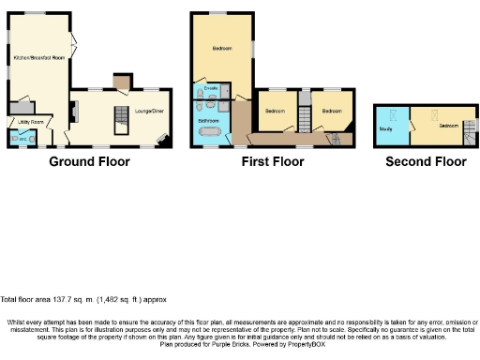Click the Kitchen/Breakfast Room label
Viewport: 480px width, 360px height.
tap(39, 58)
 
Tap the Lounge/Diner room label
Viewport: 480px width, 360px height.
tap(150, 111)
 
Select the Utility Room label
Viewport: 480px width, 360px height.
tap(27, 122)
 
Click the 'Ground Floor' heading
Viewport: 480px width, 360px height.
tap(89, 161)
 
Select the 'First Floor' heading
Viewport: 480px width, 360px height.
tap(273, 161)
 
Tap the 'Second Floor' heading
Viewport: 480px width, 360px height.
tap(426, 161)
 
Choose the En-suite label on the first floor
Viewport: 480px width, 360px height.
tap(210, 89)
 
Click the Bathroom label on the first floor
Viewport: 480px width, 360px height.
tap(208, 121)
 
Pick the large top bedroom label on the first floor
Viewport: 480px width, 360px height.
tap(222, 48)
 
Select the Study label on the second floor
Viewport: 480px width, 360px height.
tap(385, 127)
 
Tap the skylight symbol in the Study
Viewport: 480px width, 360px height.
tap(393, 113)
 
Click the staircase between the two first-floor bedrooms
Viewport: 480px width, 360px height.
tap(303, 119)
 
